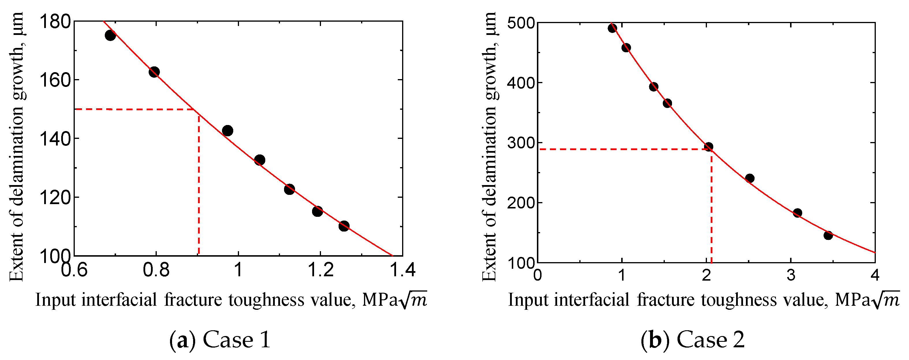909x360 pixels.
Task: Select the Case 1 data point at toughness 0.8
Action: [154, 72]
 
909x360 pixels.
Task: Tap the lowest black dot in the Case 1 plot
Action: [344, 226]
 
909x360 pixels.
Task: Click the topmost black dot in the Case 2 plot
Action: [612, 28]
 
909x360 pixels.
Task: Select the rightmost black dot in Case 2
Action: [828, 235]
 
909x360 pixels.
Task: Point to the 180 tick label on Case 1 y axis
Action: [55, 22]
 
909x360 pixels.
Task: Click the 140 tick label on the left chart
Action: [55, 139]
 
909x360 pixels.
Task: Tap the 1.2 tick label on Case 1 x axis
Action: [320, 270]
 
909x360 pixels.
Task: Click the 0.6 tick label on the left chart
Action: [74, 270]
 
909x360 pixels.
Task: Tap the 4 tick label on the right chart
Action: [875, 275]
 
